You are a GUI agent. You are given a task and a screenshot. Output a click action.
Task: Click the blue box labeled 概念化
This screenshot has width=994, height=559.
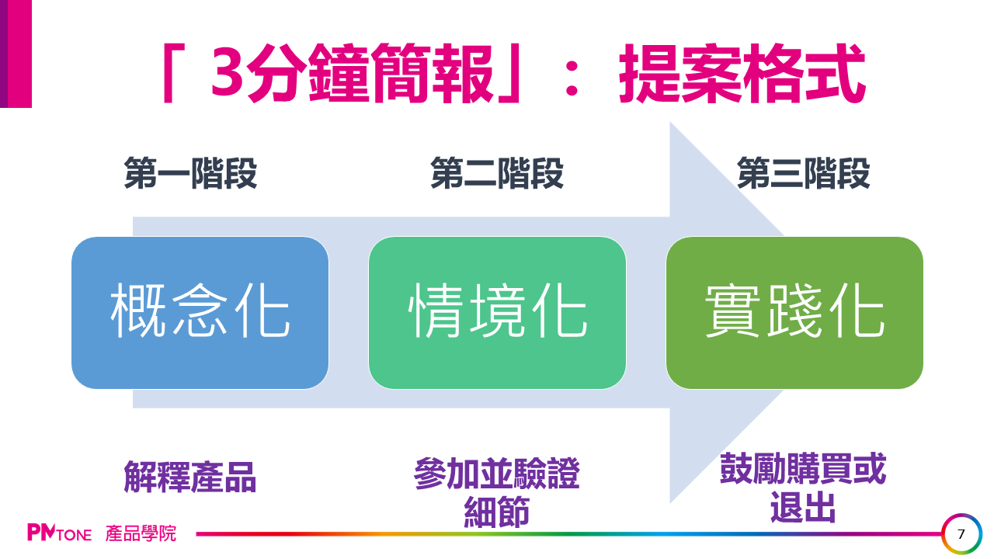(200, 312)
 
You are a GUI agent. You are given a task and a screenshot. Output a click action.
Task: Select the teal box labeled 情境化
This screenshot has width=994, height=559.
(497, 312)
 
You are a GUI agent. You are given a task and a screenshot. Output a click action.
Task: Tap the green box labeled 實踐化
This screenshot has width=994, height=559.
(794, 312)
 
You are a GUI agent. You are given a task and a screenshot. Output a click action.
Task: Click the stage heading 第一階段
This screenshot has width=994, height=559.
(190, 174)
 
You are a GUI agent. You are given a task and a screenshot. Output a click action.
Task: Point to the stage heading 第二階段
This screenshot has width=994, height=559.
(497, 174)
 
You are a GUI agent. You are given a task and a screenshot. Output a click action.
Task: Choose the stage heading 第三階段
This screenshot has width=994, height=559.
(803, 174)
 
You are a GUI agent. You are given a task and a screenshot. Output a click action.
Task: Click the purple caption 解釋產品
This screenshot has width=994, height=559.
(190, 477)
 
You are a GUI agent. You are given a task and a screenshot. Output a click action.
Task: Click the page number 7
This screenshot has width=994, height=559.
(961, 534)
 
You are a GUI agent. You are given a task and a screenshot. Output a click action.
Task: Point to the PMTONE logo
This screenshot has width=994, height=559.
(59, 533)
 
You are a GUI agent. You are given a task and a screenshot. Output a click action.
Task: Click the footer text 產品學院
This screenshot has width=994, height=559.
(141, 533)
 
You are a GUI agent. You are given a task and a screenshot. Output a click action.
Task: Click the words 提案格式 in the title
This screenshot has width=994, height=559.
(742, 75)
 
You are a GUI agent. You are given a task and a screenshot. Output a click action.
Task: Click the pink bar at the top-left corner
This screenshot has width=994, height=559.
(16, 53)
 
